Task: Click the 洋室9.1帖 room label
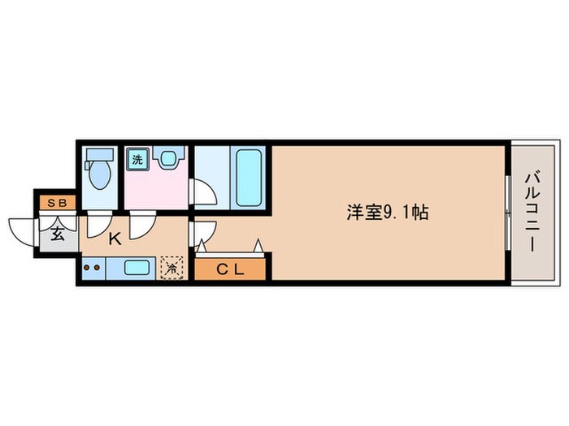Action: coord(388,213)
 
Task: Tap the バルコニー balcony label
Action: coord(533,212)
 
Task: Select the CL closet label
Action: coord(231,269)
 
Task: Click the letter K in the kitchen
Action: coord(115,239)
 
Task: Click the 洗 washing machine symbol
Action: coord(137,159)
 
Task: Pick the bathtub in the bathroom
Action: coord(247,178)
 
